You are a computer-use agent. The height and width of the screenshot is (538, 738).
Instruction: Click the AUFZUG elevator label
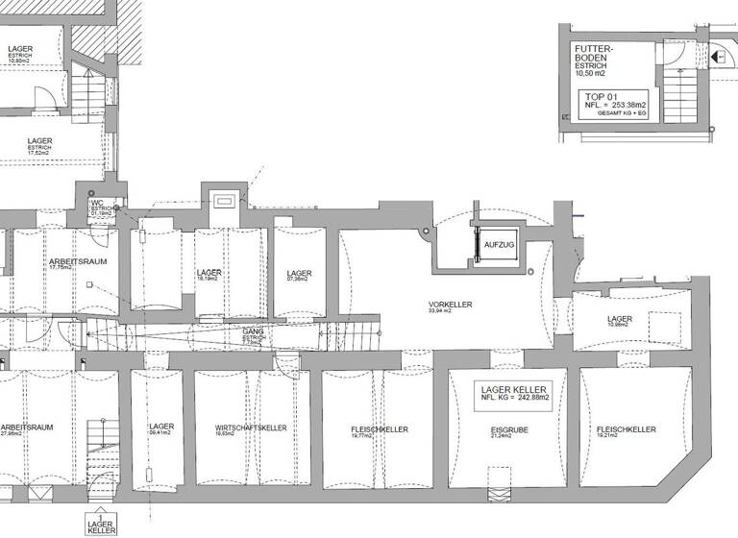(499, 246)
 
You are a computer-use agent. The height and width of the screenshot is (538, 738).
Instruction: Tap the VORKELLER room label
(450, 305)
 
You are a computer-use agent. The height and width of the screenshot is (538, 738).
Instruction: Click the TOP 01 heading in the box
(600, 97)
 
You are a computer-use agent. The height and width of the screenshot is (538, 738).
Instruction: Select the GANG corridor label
(253, 331)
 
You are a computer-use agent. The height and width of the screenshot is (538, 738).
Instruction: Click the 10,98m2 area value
(618, 325)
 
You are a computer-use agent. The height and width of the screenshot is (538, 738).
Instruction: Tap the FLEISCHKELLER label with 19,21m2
(626, 429)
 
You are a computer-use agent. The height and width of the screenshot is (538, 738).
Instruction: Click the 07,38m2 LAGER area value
(299, 280)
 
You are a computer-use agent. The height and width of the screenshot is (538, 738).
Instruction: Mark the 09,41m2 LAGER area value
(161, 433)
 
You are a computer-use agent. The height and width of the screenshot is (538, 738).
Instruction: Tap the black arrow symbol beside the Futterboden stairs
(718, 59)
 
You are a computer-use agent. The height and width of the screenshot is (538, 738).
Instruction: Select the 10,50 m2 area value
(591, 73)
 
